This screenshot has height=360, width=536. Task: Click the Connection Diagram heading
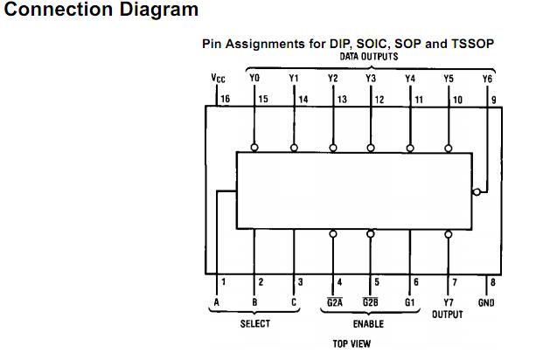point(101,11)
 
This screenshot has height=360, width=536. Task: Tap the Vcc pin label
point(219,79)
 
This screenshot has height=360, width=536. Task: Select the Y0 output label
point(255,79)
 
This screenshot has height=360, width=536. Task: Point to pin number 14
point(303,100)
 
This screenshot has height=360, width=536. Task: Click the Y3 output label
point(371,79)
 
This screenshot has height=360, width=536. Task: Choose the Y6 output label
point(487,79)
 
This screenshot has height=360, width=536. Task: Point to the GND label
point(486,302)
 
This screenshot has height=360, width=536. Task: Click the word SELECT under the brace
point(255,323)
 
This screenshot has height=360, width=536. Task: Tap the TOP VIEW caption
point(352,343)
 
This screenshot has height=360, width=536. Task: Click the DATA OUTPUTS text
point(369,56)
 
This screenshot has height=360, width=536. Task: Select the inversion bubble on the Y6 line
point(476,191)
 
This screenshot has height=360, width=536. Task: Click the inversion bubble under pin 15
point(255,148)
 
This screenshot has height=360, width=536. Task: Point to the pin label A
point(215,302)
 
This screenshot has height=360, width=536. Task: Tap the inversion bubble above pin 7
point(449,234)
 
